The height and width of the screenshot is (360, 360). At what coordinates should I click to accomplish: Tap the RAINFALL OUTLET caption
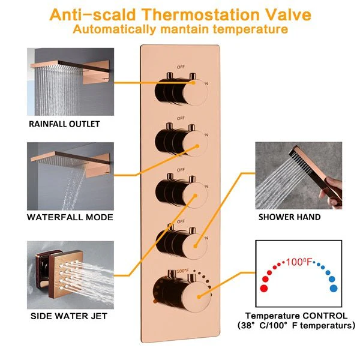pos(64,124)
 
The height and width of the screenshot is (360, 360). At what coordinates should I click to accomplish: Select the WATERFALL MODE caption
pos(70,217)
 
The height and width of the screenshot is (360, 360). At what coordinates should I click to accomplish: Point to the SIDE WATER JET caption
pos(69,316)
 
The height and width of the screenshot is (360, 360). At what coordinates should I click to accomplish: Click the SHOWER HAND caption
pos(290,217)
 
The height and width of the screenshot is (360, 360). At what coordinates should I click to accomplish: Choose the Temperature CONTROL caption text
pos(296,316)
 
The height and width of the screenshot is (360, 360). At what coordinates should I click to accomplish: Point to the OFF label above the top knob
pos(181,67)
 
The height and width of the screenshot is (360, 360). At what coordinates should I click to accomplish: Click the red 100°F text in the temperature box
pos(299,262)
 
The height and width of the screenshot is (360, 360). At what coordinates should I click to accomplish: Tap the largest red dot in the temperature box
pos(264,289)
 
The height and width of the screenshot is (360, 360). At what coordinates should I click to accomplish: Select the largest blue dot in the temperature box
pos(334,289)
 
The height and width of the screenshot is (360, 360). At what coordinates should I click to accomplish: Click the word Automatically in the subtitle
pos(115,29)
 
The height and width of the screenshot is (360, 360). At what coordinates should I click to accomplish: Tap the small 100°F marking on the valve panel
pos(182,271)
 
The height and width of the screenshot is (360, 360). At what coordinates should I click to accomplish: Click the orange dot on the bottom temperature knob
pos(199,297)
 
